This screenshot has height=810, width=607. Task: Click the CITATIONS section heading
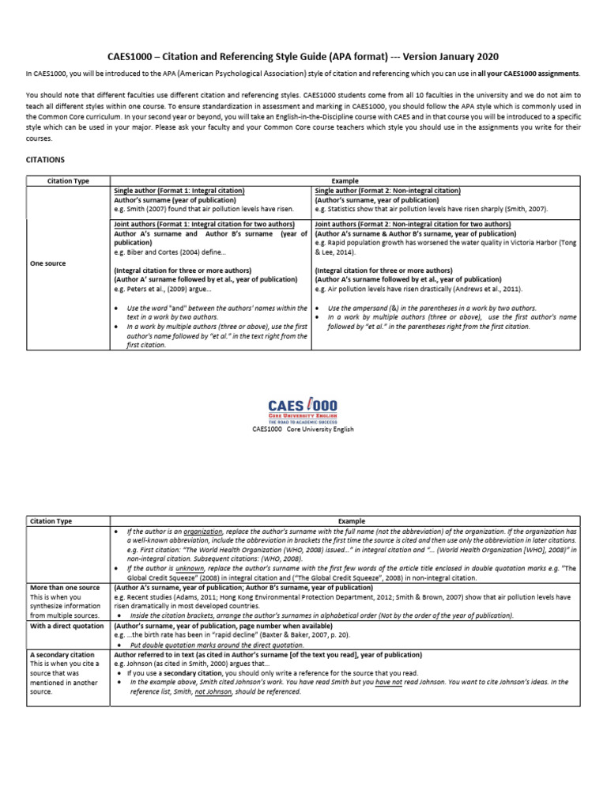pos(46,159)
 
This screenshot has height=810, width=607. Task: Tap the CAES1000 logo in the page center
pos(303,409)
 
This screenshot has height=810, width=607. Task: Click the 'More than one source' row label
pos(64,589)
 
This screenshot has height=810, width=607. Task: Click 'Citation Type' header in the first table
pos(69,181)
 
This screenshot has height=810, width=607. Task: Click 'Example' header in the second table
pos(352,521)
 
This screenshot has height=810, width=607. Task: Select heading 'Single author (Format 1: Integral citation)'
pos(179,191)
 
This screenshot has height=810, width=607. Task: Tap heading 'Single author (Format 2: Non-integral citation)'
pos(387,191)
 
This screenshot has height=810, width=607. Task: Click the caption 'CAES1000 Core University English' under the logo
pos(303,430)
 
